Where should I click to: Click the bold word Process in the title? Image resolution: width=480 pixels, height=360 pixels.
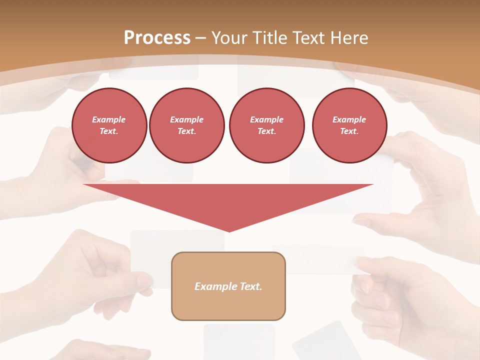157,38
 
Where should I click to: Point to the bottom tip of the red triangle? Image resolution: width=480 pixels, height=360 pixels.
229,231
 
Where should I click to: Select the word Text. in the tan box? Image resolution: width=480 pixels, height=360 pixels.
250,286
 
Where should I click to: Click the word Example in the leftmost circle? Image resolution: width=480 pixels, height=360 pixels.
109,119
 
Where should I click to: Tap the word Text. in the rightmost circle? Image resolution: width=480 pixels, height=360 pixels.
349,131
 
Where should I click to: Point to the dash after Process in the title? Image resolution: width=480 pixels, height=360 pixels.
201,38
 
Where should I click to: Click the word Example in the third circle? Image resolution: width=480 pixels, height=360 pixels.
266,119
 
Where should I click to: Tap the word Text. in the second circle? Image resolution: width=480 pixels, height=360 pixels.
186,131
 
